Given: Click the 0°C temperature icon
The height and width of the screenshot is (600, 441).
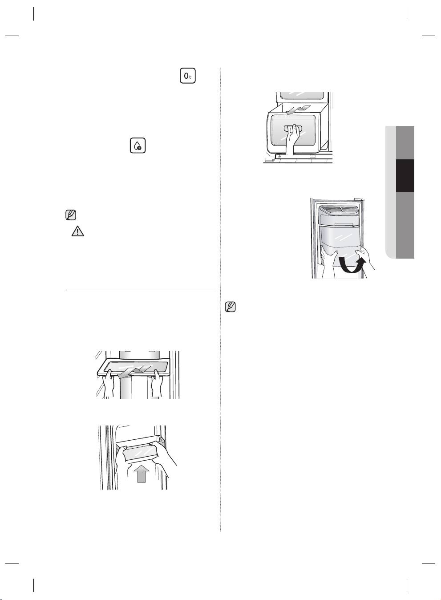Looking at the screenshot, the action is (187, 76).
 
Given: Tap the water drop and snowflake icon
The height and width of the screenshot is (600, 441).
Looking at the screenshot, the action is (138, 146).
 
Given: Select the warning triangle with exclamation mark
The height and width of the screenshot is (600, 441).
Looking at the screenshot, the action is (77, 231).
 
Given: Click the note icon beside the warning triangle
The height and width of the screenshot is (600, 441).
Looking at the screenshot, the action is (71, 215).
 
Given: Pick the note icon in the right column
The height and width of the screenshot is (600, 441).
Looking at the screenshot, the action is (230, 307).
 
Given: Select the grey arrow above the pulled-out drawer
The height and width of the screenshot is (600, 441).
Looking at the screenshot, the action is (298, 109).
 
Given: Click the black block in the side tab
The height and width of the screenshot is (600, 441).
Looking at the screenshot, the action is (405, 176).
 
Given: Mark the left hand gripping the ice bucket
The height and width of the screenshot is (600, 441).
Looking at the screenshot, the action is (329, 263).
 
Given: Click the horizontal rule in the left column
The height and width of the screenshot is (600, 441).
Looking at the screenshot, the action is (140, 290).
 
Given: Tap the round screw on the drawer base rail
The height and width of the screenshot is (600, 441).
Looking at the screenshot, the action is (279, 156).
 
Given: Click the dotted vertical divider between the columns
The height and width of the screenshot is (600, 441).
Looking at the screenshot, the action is (220, 300).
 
